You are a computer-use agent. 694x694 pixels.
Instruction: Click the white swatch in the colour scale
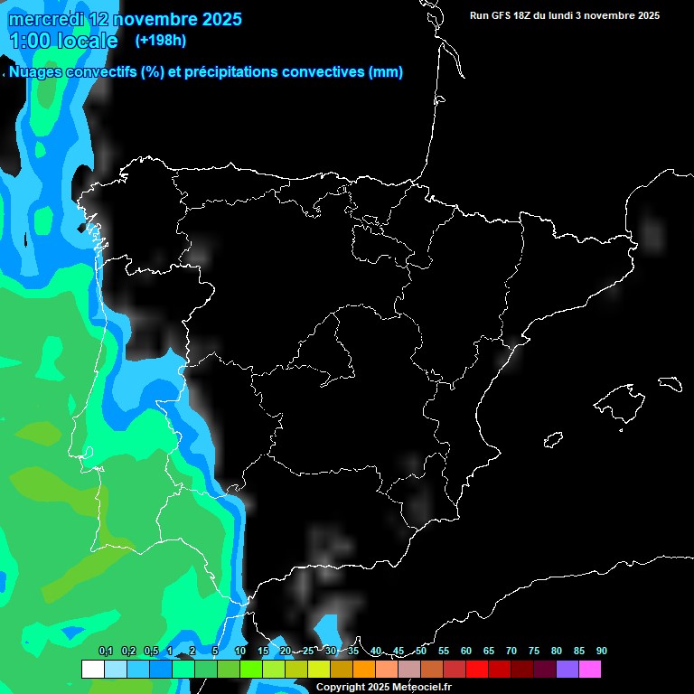point(92,670)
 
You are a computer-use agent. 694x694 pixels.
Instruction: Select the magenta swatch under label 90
point(590,670)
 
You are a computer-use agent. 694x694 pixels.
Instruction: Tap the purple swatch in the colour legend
point(567,670)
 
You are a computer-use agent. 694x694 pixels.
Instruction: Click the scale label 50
point(421,652)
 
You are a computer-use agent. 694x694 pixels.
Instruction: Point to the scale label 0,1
point(106,652)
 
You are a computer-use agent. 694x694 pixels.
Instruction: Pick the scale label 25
point(308,652)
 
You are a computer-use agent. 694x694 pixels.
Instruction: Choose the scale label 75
point(534,652)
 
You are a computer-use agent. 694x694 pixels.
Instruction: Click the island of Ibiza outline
point(553,440)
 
